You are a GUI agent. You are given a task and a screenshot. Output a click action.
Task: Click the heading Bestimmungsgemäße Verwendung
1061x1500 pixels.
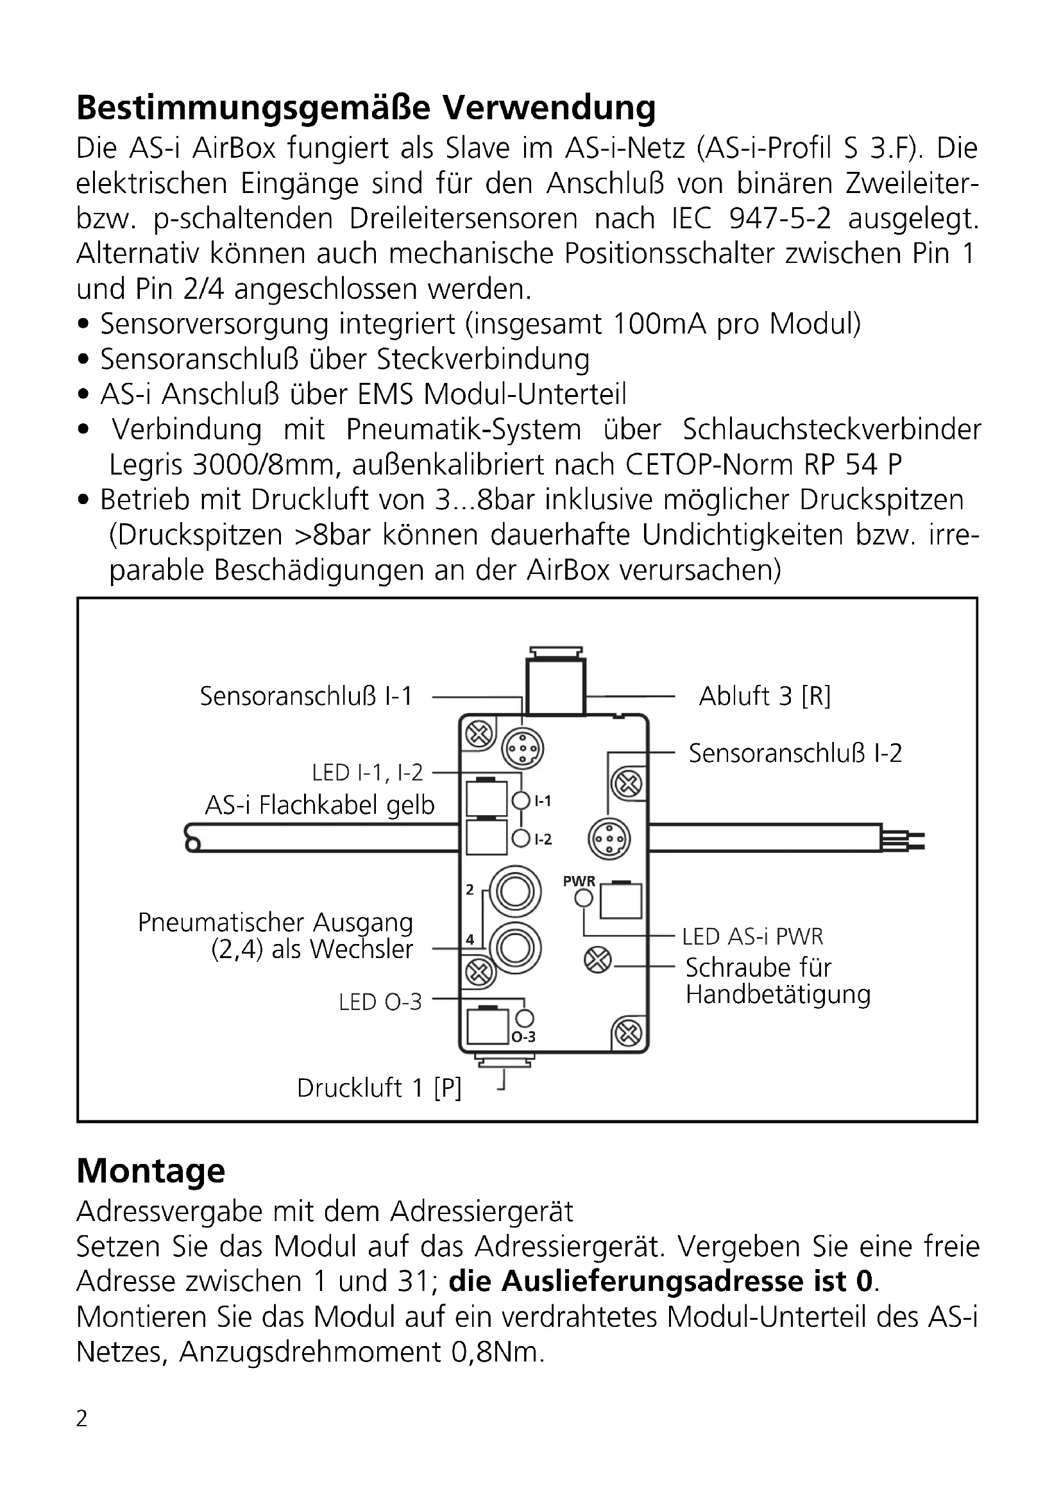click(x=366, y=108)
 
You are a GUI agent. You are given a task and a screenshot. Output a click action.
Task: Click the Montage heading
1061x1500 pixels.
click(x=151, y=1171)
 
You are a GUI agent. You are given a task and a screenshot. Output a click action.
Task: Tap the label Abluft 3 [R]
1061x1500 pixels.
click(x=765, y=696)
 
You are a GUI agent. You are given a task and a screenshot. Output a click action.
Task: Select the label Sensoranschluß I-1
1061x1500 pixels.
click(x=306, y=696)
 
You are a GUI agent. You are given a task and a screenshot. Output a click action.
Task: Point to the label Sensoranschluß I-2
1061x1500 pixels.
click(x=795, y=754)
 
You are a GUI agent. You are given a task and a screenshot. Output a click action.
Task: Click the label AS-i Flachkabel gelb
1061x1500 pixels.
click(x=319, y=805)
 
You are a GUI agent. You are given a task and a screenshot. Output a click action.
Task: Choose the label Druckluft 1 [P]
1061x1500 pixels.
click(x=379, y=1088)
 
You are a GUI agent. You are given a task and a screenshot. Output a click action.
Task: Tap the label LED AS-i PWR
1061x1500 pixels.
click(x=752, y=937)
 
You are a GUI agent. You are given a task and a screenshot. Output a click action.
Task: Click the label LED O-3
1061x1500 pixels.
click(x=380, y=1002)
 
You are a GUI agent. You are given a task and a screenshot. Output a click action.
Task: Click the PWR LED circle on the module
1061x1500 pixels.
click(x=583, y=899)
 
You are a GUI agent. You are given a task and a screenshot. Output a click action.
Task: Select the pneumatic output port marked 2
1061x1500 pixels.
click(x=516, y=891)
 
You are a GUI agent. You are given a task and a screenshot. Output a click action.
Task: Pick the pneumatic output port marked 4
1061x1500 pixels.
click(x=516, y=947)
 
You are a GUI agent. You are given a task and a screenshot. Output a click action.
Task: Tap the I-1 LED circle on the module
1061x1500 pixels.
click(x=522, y=800)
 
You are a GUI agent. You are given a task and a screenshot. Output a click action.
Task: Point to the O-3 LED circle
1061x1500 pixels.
click(x=525, y=1018)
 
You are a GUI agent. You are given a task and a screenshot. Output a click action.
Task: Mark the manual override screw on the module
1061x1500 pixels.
click(x=597, y=961)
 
